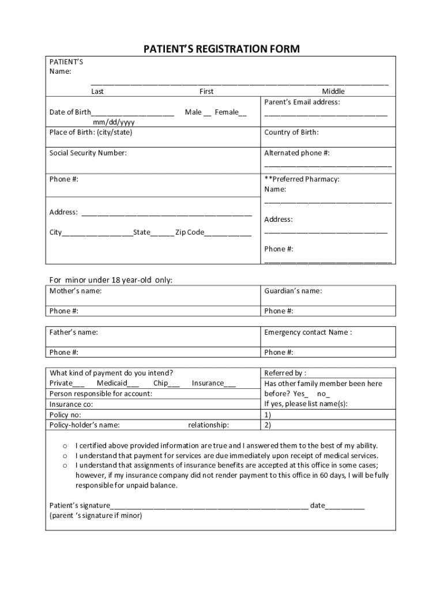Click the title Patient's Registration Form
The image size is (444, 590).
[221, 49]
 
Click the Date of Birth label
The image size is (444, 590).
[70, 112]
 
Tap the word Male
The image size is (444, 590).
[193, 112]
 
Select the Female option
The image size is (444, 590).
[227, 112]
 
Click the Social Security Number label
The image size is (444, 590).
[88, 153]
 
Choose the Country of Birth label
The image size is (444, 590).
[291, 133]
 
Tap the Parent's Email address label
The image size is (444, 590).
[302, 102]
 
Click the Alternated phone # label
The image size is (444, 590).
[297, 153]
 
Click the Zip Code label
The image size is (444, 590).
[190, 232]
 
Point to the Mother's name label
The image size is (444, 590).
[76, 291]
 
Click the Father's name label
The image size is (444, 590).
[73, 332]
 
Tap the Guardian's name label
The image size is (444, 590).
[293, 291]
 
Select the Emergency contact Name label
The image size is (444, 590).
[308, 332]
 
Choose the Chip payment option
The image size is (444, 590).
[160, 383]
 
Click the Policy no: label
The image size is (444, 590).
[65, 415]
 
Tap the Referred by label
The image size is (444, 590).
[285, 373]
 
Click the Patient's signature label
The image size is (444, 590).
[80, 506]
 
